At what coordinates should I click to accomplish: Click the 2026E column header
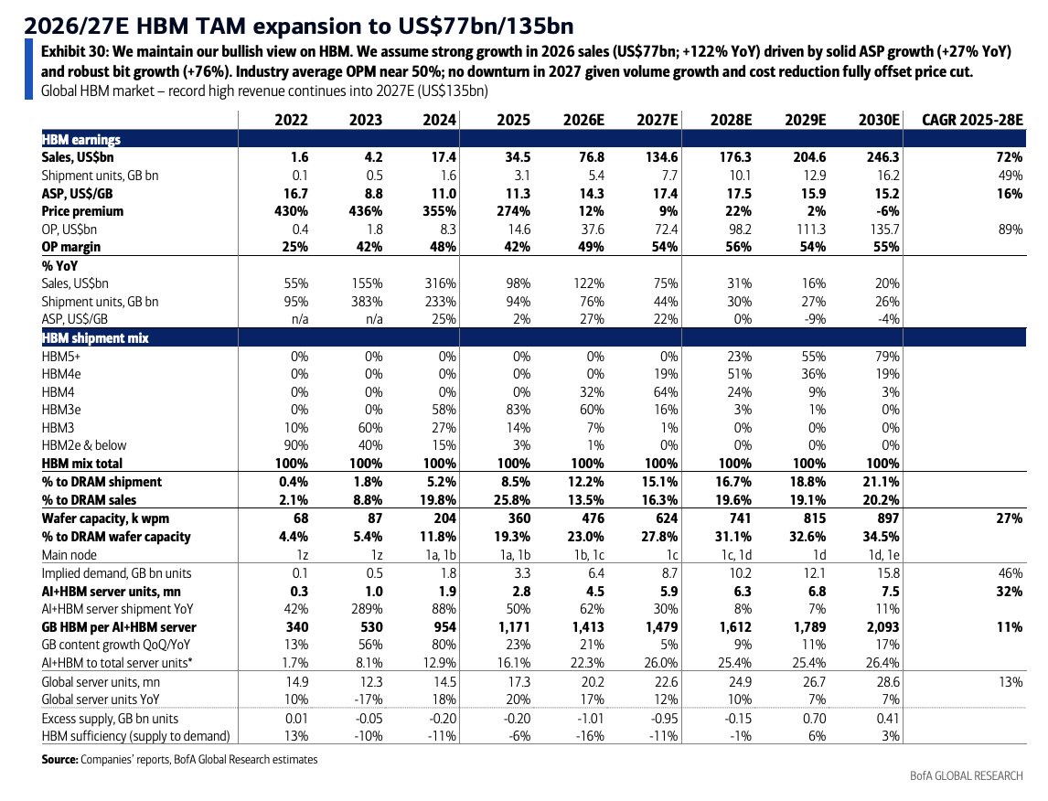coord(583,120)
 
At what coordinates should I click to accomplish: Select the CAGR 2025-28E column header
coord(972,120)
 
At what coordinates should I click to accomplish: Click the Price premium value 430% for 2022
coord(291,211)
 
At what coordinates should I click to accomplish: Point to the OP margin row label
coord(70,247)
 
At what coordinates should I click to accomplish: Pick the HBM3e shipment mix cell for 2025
coord(518,410)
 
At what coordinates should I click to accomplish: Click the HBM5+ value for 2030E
coord(887,356)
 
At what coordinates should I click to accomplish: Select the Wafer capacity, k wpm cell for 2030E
coord(886,518)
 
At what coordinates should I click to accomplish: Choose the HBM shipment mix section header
coord(95,338)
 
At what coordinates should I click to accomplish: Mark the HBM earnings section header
coord(80,140)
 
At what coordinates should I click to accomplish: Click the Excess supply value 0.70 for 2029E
coord(812,719)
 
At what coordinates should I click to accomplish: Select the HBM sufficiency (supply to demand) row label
coord(135,736)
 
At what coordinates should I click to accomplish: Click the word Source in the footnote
coord(59,760)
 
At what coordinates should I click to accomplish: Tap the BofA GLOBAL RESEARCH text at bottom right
coord(967,775)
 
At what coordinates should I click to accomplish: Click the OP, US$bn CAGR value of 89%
coord(1010,230)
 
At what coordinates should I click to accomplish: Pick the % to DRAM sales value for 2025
coord(514,500)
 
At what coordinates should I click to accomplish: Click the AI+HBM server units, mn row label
coord(111,592)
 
